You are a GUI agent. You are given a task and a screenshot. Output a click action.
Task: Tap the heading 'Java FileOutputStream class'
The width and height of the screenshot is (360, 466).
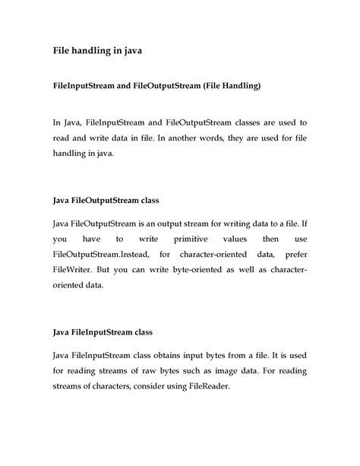coord(105,200)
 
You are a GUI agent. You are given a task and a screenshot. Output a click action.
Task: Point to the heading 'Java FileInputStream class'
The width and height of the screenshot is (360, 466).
coord(102,332)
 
